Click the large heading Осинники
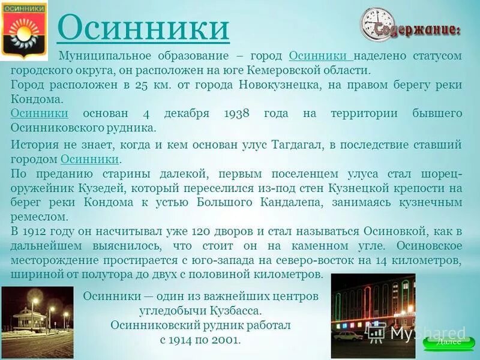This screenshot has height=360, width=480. pos(143,28)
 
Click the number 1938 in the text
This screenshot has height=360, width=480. pos(239,113)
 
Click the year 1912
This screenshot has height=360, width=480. pos(35,232)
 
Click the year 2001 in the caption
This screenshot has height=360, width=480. pos(225,340)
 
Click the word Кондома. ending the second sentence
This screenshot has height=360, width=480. pos(36,99)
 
